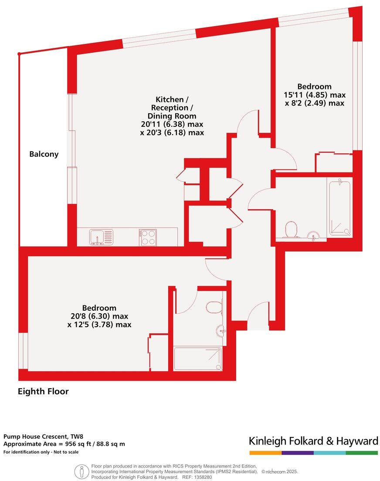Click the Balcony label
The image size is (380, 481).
click(44, 154)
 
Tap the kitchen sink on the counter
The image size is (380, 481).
click(101, 237)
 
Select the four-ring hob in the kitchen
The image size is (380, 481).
click(148, 237)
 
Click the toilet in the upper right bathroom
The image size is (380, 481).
click(290, 229)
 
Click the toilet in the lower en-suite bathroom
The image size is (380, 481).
click(214, 308)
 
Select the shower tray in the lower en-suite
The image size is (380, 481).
click(197, 359)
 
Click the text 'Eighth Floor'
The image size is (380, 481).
click(43, 391)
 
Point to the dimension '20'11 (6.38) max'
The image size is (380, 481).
click(172, 124)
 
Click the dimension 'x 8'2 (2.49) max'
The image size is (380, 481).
click(314, 103)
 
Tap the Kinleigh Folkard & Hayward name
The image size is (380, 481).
click(313, 441)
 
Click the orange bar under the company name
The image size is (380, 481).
click(265, 453)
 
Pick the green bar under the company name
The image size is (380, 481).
click(362, 453)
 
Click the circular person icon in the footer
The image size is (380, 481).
click(81, 471)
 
